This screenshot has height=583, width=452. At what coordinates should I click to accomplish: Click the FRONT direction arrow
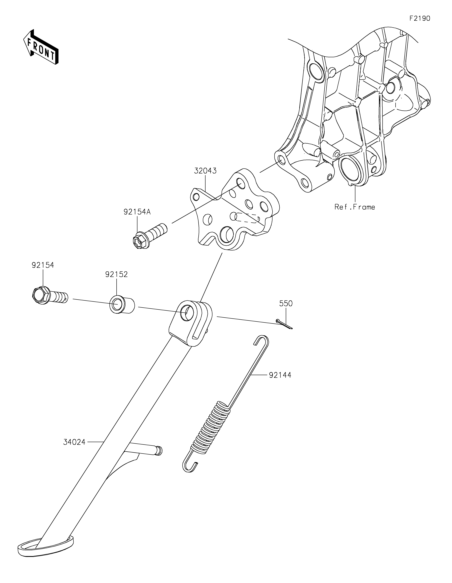coord(41,47)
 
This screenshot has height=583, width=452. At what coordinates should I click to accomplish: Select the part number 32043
coord(205,171)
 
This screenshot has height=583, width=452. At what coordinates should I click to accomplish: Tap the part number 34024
coord(74,442)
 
